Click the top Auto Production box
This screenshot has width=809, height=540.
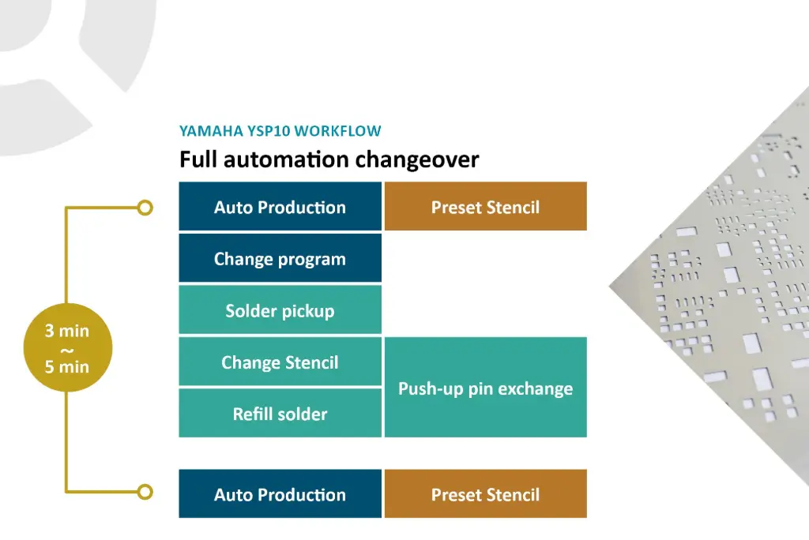click(x=280, y=207)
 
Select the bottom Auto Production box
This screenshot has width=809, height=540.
click(x=280, y=494)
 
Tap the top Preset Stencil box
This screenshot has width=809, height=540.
click(x=485, y=207)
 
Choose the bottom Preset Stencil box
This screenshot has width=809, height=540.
click(x=485, y=494)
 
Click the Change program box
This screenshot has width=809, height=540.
click(x=280, y=259)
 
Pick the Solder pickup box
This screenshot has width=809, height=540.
click(x=280, y=310)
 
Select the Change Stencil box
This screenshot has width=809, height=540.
click(x=280, y=362)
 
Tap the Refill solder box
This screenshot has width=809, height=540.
click(x=280, y=414)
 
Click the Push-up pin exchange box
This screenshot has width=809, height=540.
click(x=485, y=388)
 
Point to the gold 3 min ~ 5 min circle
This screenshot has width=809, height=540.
click(x=67, y=348)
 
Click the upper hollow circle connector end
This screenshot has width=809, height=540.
click(x=145, y=208)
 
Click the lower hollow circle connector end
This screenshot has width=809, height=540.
click(x=145, y=492)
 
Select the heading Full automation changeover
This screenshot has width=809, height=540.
click(x=329, y=159)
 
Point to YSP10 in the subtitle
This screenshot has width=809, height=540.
click(x=266, y=131)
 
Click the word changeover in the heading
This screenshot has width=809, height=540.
click(x=416, y=159)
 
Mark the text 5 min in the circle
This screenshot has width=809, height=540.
click(x=67, y=366)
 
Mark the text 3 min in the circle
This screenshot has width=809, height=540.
click(x=67, y=331)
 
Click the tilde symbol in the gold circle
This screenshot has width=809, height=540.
click(x=67, y=349)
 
